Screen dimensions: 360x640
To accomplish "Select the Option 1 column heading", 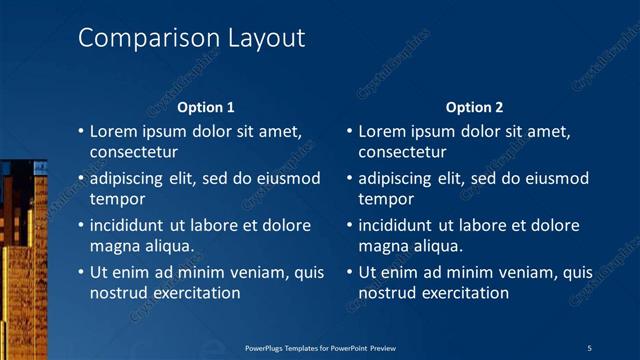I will [206, 107].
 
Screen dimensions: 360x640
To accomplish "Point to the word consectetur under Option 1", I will [134, 153].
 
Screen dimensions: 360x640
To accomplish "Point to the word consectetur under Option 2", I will [402, 153].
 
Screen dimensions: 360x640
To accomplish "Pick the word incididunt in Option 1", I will [132, 225].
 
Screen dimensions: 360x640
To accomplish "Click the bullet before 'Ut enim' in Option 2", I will [349, 272].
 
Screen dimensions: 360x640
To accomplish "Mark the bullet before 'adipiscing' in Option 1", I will [81, 179].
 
